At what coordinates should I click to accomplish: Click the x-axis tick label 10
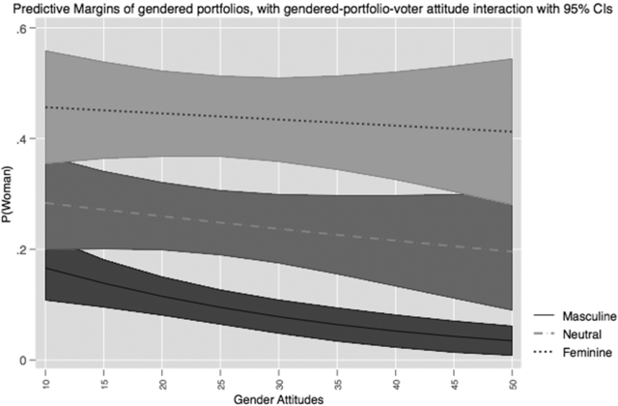[x=44, y=375]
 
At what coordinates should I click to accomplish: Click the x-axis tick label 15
[x=103, y=375]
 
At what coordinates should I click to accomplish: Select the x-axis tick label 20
[x=162, y=375]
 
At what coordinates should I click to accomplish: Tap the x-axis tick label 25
[x=221, y=375]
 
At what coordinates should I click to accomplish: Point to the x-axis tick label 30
[x=280, y=375]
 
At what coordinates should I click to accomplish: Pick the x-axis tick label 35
[x=338, y=375]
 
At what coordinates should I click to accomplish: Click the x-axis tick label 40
[x=397, y=375]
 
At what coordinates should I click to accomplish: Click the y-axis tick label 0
[x=30, y=361]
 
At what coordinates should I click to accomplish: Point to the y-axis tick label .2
[x=27, y=249]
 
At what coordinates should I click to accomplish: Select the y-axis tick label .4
[x=27, y=138]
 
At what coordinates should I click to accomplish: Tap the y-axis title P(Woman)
[x=9, y=193]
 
